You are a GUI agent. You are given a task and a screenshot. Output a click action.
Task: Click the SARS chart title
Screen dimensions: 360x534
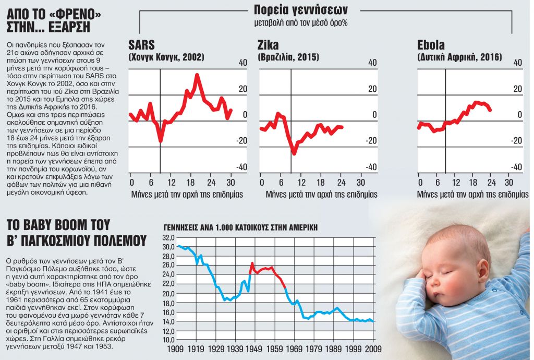click(x=142, y=45)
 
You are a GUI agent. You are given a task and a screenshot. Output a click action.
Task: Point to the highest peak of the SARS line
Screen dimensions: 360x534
click(x=197, y=75)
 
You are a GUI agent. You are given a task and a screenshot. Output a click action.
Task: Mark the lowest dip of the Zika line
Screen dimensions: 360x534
click(x=294, y=153)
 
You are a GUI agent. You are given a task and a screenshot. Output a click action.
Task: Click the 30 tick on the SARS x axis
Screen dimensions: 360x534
click(x=230, y=183)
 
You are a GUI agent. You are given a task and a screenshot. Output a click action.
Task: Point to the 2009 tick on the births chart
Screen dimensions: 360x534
click(x=372, y=348)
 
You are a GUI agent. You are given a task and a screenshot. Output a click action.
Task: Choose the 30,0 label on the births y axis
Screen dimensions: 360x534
click(x=168, y=246)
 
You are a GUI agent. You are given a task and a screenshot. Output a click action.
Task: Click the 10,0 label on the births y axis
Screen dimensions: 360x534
click(x=168, y=340)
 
